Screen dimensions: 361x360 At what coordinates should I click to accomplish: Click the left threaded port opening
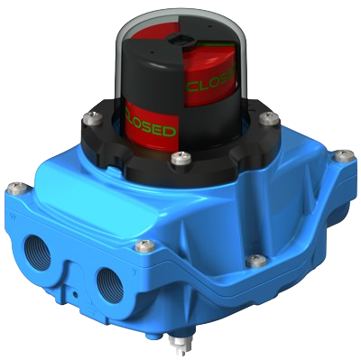(x=39, y=253)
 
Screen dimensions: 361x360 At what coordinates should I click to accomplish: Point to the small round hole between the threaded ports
(x=75, y=293)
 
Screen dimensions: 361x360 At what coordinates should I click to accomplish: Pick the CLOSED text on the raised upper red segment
(x=210, y=81)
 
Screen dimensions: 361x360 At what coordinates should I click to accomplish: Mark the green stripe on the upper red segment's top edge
(x=214, y=44)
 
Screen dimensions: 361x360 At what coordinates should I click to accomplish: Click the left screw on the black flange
(x=91, y=116)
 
